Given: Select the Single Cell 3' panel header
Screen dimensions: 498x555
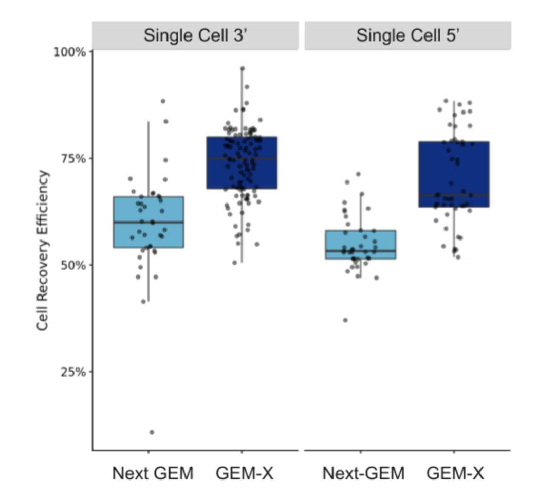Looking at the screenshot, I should tap(195, 36).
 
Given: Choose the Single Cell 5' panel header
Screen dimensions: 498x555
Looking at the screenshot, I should tap(408, 36).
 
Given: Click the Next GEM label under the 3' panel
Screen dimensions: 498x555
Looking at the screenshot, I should tap(153, 473).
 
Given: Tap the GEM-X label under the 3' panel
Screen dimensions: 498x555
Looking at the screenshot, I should tap(244, 473).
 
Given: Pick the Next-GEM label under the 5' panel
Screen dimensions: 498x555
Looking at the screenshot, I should tap(363, 473).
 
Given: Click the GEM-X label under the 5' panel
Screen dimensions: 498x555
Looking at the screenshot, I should tap(455, 473).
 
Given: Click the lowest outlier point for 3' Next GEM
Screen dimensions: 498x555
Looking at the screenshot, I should tap(152, 432).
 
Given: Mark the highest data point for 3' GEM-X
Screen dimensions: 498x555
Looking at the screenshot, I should tap(243, 68).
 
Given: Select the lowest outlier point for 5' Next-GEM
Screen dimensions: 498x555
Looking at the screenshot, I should tap(345, 320).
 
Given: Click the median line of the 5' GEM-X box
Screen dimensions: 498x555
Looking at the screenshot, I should tap(454, 195).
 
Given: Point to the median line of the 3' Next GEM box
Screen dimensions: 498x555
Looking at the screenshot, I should tap(149, 223).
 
